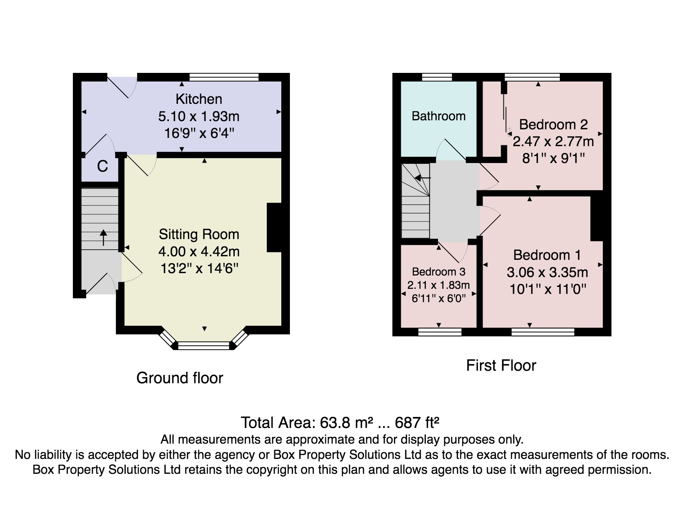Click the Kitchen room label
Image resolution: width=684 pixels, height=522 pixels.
click(x=199, y=99)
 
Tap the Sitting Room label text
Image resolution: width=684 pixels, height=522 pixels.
click(x=199, y=234)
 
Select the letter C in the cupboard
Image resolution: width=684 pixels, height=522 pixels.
click(x=103, y=167)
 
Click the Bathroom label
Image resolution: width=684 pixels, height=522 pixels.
click(x=439, y=116)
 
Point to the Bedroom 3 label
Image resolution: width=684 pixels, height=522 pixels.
click(x=439, y=272)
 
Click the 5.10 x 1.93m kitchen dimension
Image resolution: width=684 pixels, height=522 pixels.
click(x=199, y=116)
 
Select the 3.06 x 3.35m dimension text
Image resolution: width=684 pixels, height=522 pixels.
click(x=547, y=272)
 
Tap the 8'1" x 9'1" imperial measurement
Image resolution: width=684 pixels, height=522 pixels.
click(x=553, y=158)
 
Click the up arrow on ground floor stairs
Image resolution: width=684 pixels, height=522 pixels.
click(x=103, y=237)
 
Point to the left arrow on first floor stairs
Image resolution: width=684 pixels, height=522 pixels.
click(x=422, y=178)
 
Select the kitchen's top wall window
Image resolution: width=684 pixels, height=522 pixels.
click(x=224, y=77)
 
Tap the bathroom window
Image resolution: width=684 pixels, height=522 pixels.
click(x=437, y=77)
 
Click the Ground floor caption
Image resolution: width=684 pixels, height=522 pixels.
click(x=180, y=378)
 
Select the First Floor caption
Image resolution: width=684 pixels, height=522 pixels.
click(x=501, y=366)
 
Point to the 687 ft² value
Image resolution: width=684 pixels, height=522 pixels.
click(x=417, y=423)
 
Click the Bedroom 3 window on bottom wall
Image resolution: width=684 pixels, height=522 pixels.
click(x=440, y=332)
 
